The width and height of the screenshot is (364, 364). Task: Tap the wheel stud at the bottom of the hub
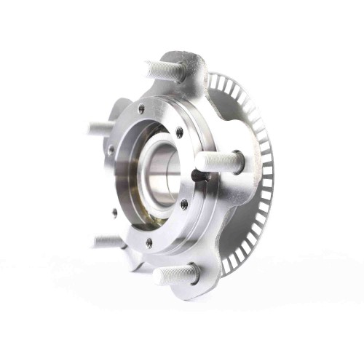176,274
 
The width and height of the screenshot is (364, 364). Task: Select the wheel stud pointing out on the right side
218,162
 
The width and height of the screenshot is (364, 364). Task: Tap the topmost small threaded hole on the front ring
141,109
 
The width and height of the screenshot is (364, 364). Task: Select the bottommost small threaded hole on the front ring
149,242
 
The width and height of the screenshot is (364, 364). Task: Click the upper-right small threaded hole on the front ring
179,132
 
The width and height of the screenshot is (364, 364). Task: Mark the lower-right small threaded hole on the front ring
184,205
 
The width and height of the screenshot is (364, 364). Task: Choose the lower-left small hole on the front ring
114,213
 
